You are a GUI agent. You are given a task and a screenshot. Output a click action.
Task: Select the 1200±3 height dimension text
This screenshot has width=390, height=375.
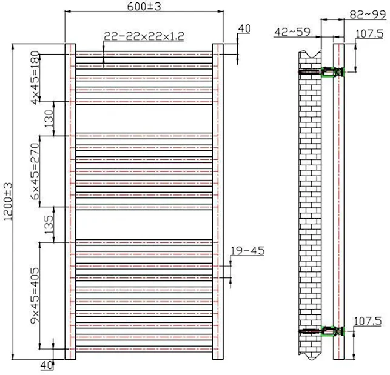coord(8,203)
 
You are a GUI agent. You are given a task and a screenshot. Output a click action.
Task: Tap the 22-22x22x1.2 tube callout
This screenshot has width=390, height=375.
coord(143,36)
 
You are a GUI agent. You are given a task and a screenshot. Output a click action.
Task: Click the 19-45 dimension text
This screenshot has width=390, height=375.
coord(247,250)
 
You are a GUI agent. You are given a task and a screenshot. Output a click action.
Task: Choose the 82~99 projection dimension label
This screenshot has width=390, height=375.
coord(366,13)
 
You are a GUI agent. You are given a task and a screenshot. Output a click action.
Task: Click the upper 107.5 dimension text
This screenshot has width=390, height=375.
coord(368,34)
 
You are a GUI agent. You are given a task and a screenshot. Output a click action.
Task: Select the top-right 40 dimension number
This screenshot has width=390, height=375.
coord(244,28)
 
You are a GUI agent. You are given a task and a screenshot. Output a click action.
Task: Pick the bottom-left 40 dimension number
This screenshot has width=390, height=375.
coord(47,365)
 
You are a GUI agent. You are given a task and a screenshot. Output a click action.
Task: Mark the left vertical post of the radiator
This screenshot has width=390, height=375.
coord(70,203)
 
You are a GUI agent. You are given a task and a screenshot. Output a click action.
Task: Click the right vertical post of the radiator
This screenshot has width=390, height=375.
coord(218,203)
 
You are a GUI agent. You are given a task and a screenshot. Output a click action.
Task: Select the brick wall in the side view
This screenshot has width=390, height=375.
coord(309,203)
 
